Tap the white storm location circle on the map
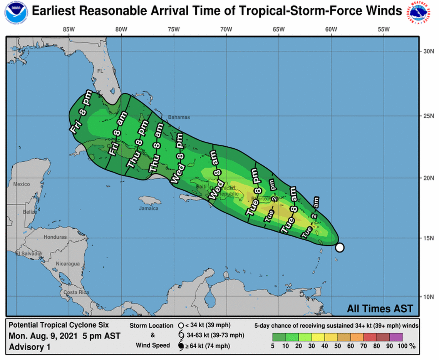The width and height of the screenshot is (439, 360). click(x=339, y=248)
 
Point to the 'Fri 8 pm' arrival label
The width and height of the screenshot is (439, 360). click(x=81, y=112)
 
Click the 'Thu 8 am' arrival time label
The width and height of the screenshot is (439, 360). click(x=156, y=147)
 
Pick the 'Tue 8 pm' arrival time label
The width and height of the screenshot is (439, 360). click(x=254, y=192)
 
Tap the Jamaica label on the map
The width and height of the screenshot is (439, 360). click(x=149, y=208)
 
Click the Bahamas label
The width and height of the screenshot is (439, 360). click(x=179, y=117)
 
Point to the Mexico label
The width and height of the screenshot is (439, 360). click(x=21, y=184)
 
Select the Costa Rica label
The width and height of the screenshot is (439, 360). click(x=76, y=292)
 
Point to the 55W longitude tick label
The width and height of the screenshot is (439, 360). click(x=384, y=30)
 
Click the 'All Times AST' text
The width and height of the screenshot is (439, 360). click(x=380, y=308)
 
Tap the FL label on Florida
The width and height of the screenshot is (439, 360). click(x=101, y=71)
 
